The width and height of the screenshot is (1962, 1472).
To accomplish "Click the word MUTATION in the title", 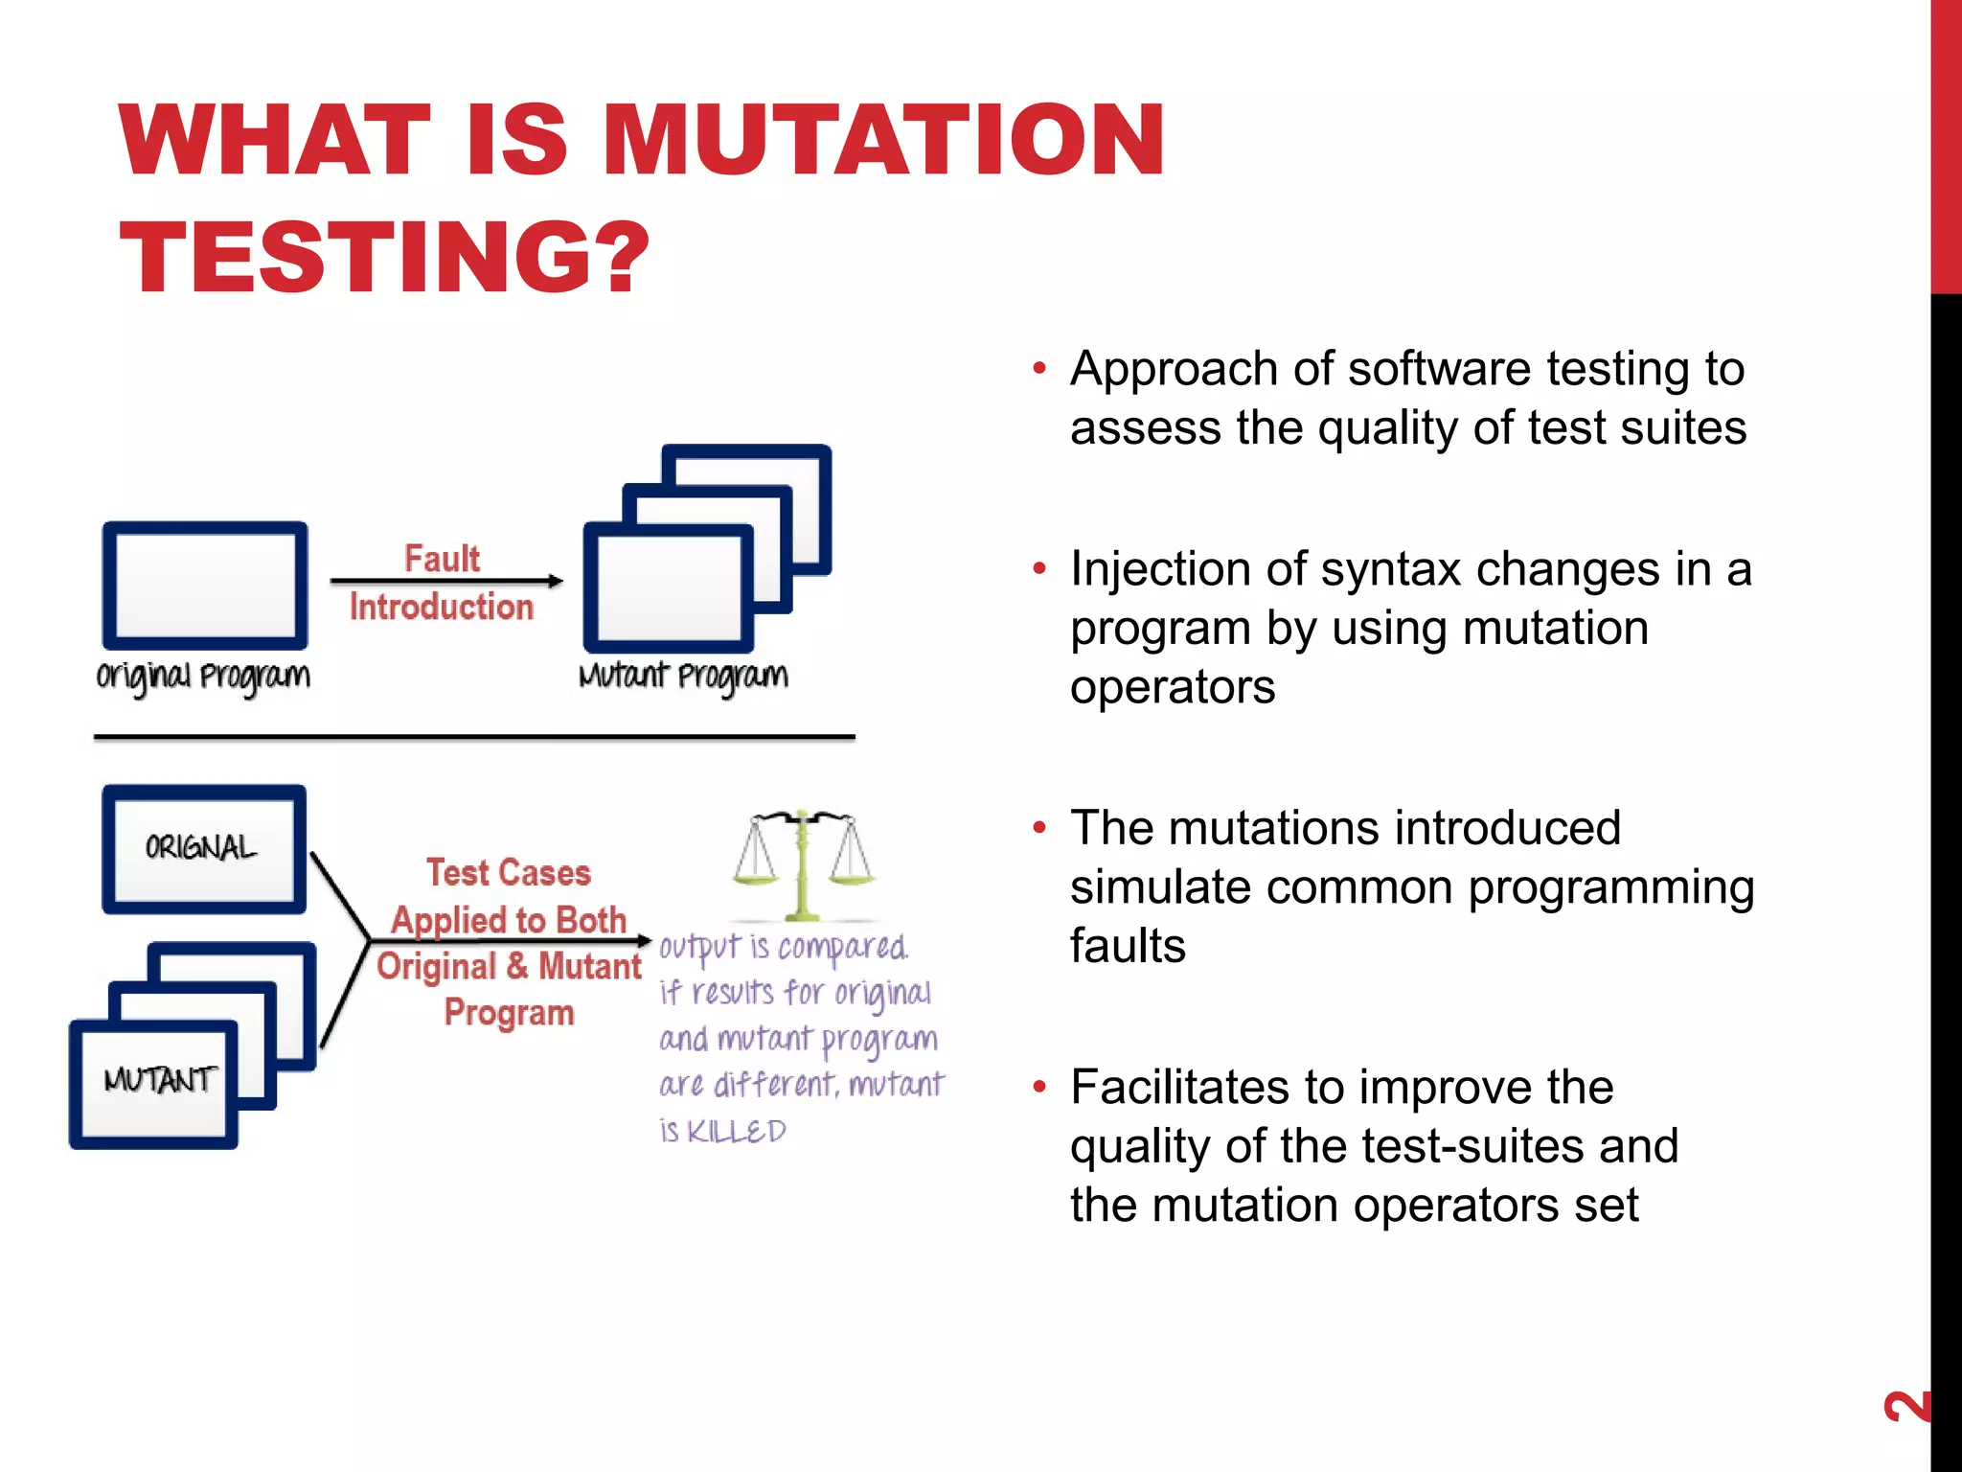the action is pyautogui.click(x=883, y=141).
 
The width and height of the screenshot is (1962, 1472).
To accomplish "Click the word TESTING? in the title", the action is pyautogui.click(x=384, y=257).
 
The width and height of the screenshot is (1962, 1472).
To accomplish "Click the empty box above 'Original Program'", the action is pyautogui.click(x=205, y=586).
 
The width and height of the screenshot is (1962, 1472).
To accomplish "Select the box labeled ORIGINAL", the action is pyautogui.click(x=203, y=848).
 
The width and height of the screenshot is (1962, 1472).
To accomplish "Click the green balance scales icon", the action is pyautogui.click(x=803, y=862).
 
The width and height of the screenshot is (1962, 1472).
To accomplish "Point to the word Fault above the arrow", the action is pyautogui.click(x=442, y=558).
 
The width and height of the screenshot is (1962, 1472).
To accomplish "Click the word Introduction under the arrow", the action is pyautogui.click(x=441, y=607).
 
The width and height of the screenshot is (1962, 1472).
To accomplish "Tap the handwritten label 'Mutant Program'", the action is pyautogui.click(x=683, y=677).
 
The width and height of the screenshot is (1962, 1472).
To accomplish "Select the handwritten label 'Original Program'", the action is pyautogui.click(x=203, y=677).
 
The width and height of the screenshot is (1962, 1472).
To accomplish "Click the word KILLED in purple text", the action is pyautogui.click(x=737, y=1132).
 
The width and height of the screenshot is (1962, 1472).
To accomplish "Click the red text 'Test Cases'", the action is pyautogui.click(x=509, y=872).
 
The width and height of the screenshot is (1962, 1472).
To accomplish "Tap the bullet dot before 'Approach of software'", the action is pyautogui.click(x=1039, y=369).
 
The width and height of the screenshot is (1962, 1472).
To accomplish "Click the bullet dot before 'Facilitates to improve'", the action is pyautogui.click(x=1039, y=1088).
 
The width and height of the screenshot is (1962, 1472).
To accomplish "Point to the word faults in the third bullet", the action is pyautogui.click(x=1128, y=946).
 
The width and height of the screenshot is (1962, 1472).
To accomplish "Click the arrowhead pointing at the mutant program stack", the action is pyautogui.click(x=555, y=581).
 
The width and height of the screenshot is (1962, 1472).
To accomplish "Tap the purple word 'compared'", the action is pyautogui.click(x=842, y=947).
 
